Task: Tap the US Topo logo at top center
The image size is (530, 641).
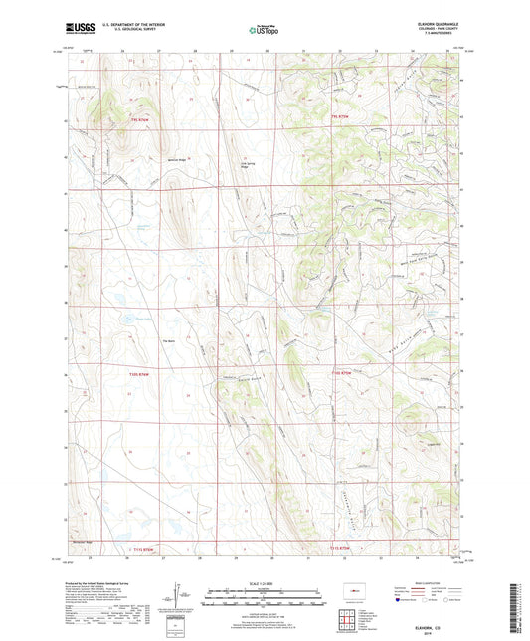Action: pyautogui.click(x=264, y=31)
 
